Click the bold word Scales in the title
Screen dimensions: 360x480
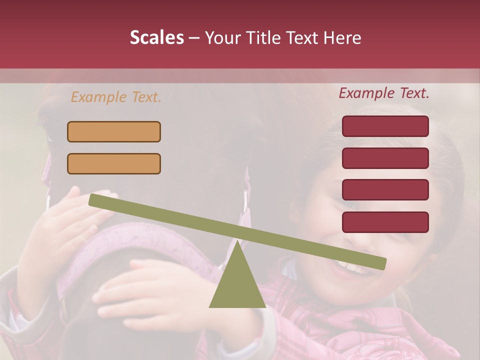pos(156,38)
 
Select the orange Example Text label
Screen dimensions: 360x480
pos(116,97)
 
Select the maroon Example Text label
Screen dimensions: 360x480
pos(384,93)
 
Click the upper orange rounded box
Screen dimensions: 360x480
pos(114,131)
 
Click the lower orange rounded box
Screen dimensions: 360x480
pos(114,163)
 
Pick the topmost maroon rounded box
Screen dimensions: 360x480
pos(385,126)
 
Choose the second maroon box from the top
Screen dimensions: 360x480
pos(385,158)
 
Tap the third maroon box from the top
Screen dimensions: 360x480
pos(385,190)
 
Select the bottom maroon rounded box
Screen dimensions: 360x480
pos(385,222)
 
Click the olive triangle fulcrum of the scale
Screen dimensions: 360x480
pos(237,285)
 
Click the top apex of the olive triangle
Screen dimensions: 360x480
pos(237,242)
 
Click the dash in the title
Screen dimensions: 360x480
pos(194,38)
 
